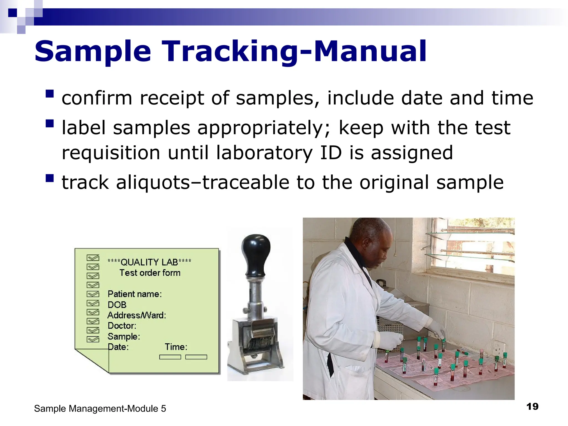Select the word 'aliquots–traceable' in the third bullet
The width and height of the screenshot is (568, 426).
(202, 182)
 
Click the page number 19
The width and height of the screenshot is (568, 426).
(532, 407)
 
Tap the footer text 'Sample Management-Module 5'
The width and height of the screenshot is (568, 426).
(100, 409)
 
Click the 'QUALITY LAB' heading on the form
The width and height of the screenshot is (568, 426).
(149, 262)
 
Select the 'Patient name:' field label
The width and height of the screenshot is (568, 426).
(135, 294)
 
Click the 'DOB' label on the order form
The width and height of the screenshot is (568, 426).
(117, 305)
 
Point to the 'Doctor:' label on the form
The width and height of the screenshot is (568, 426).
(122, 326)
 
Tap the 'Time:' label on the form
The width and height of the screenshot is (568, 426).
(176, 347)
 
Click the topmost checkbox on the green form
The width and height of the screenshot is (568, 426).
(93, 258)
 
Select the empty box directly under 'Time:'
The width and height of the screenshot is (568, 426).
(170, 357)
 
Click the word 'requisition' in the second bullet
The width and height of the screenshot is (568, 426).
(111, 153)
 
